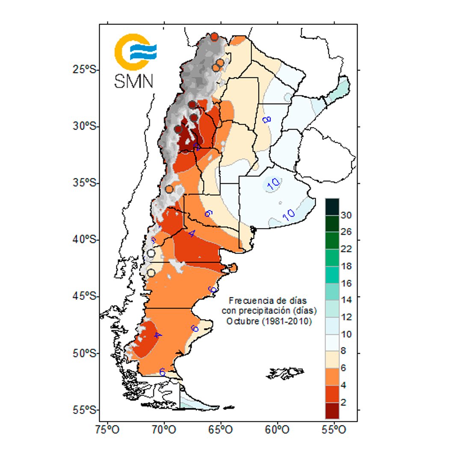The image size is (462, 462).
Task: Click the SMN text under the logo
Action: tap(133, 80)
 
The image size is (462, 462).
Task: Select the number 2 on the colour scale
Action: tap(344, 403)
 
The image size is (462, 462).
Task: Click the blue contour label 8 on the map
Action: tap(267, 118)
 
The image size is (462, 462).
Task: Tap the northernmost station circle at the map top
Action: tap(214, 37)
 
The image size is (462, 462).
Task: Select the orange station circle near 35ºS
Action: tap(169, 189)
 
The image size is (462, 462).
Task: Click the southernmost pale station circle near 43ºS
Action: tap(151, 272)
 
